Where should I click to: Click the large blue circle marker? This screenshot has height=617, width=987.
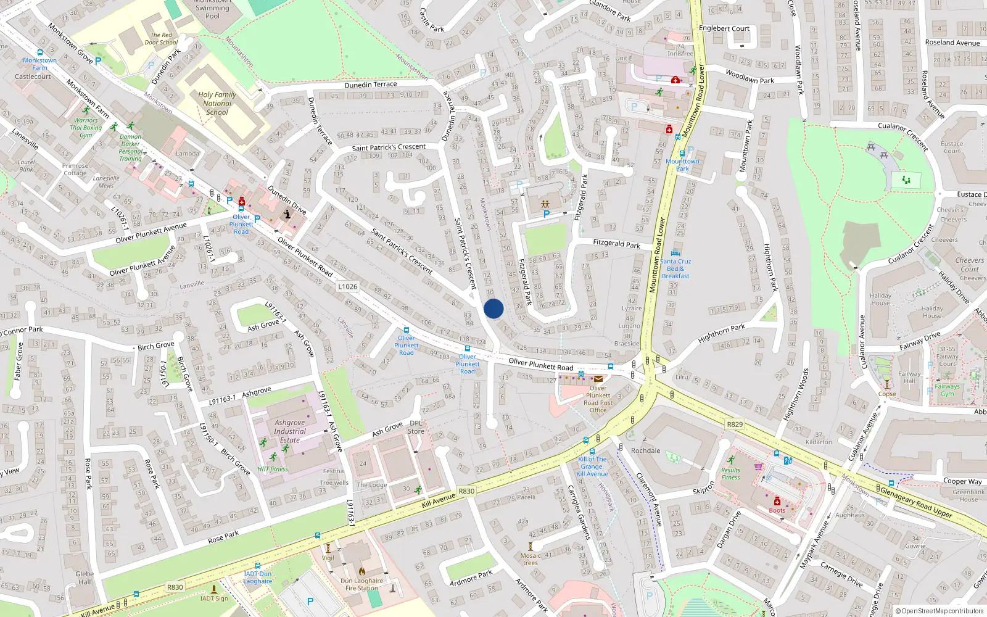[493, 308]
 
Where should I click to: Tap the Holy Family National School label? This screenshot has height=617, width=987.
[217, 104]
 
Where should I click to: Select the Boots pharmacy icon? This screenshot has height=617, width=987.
[777, 501]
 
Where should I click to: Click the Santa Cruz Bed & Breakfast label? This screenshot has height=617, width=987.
[675, 268]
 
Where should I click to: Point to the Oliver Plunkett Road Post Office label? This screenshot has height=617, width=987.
[598, 399]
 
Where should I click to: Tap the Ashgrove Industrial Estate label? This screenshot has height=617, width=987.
[290, 431]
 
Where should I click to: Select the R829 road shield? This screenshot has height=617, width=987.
[735, 424]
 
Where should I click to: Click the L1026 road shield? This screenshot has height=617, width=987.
[348, 286]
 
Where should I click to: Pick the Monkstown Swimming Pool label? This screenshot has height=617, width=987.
[212, 9]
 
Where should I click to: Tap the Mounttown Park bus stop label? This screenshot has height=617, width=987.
[682, 165]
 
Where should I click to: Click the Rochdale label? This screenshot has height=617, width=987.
[645, 450]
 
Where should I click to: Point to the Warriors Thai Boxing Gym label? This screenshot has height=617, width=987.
[86, 128]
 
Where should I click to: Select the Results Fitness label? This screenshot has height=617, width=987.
[730, 473]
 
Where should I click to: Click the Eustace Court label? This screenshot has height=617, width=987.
[952, 147]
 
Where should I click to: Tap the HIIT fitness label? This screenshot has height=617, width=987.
[273, 469]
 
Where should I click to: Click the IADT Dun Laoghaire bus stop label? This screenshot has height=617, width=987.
[257, 578]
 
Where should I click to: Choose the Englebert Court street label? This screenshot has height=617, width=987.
[724, 28]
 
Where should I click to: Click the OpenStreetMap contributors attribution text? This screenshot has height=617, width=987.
[940, 611]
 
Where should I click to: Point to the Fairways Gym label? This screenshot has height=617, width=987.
[947, 390]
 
